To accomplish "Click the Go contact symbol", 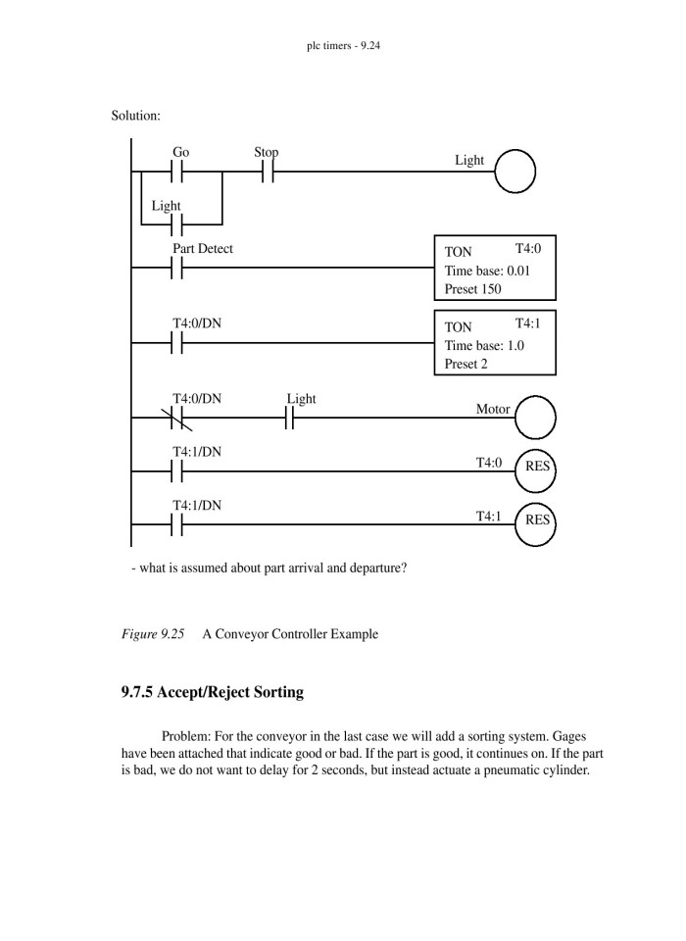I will pos(177,172).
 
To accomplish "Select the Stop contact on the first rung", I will pos(267,172).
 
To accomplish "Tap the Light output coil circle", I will pos(514,172).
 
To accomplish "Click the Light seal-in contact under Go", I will pos(177,224).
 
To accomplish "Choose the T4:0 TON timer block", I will pos(494,268).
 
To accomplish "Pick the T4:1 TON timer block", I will pos(494,343).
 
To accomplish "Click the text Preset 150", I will pos(473,289).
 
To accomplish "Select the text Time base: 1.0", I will pos(484,345).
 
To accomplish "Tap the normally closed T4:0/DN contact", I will pos(177,419).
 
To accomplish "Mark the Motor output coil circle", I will pos(535,417).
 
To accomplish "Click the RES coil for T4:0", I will pos(535,467).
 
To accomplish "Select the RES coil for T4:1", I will pos(535,520).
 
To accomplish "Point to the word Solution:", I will pos(136,116).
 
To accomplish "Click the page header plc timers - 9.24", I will pos(343,45).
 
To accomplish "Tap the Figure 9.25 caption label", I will pos(153,634).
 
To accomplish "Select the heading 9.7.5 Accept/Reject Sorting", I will pos(213,693).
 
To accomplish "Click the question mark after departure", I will pos(403,569).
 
